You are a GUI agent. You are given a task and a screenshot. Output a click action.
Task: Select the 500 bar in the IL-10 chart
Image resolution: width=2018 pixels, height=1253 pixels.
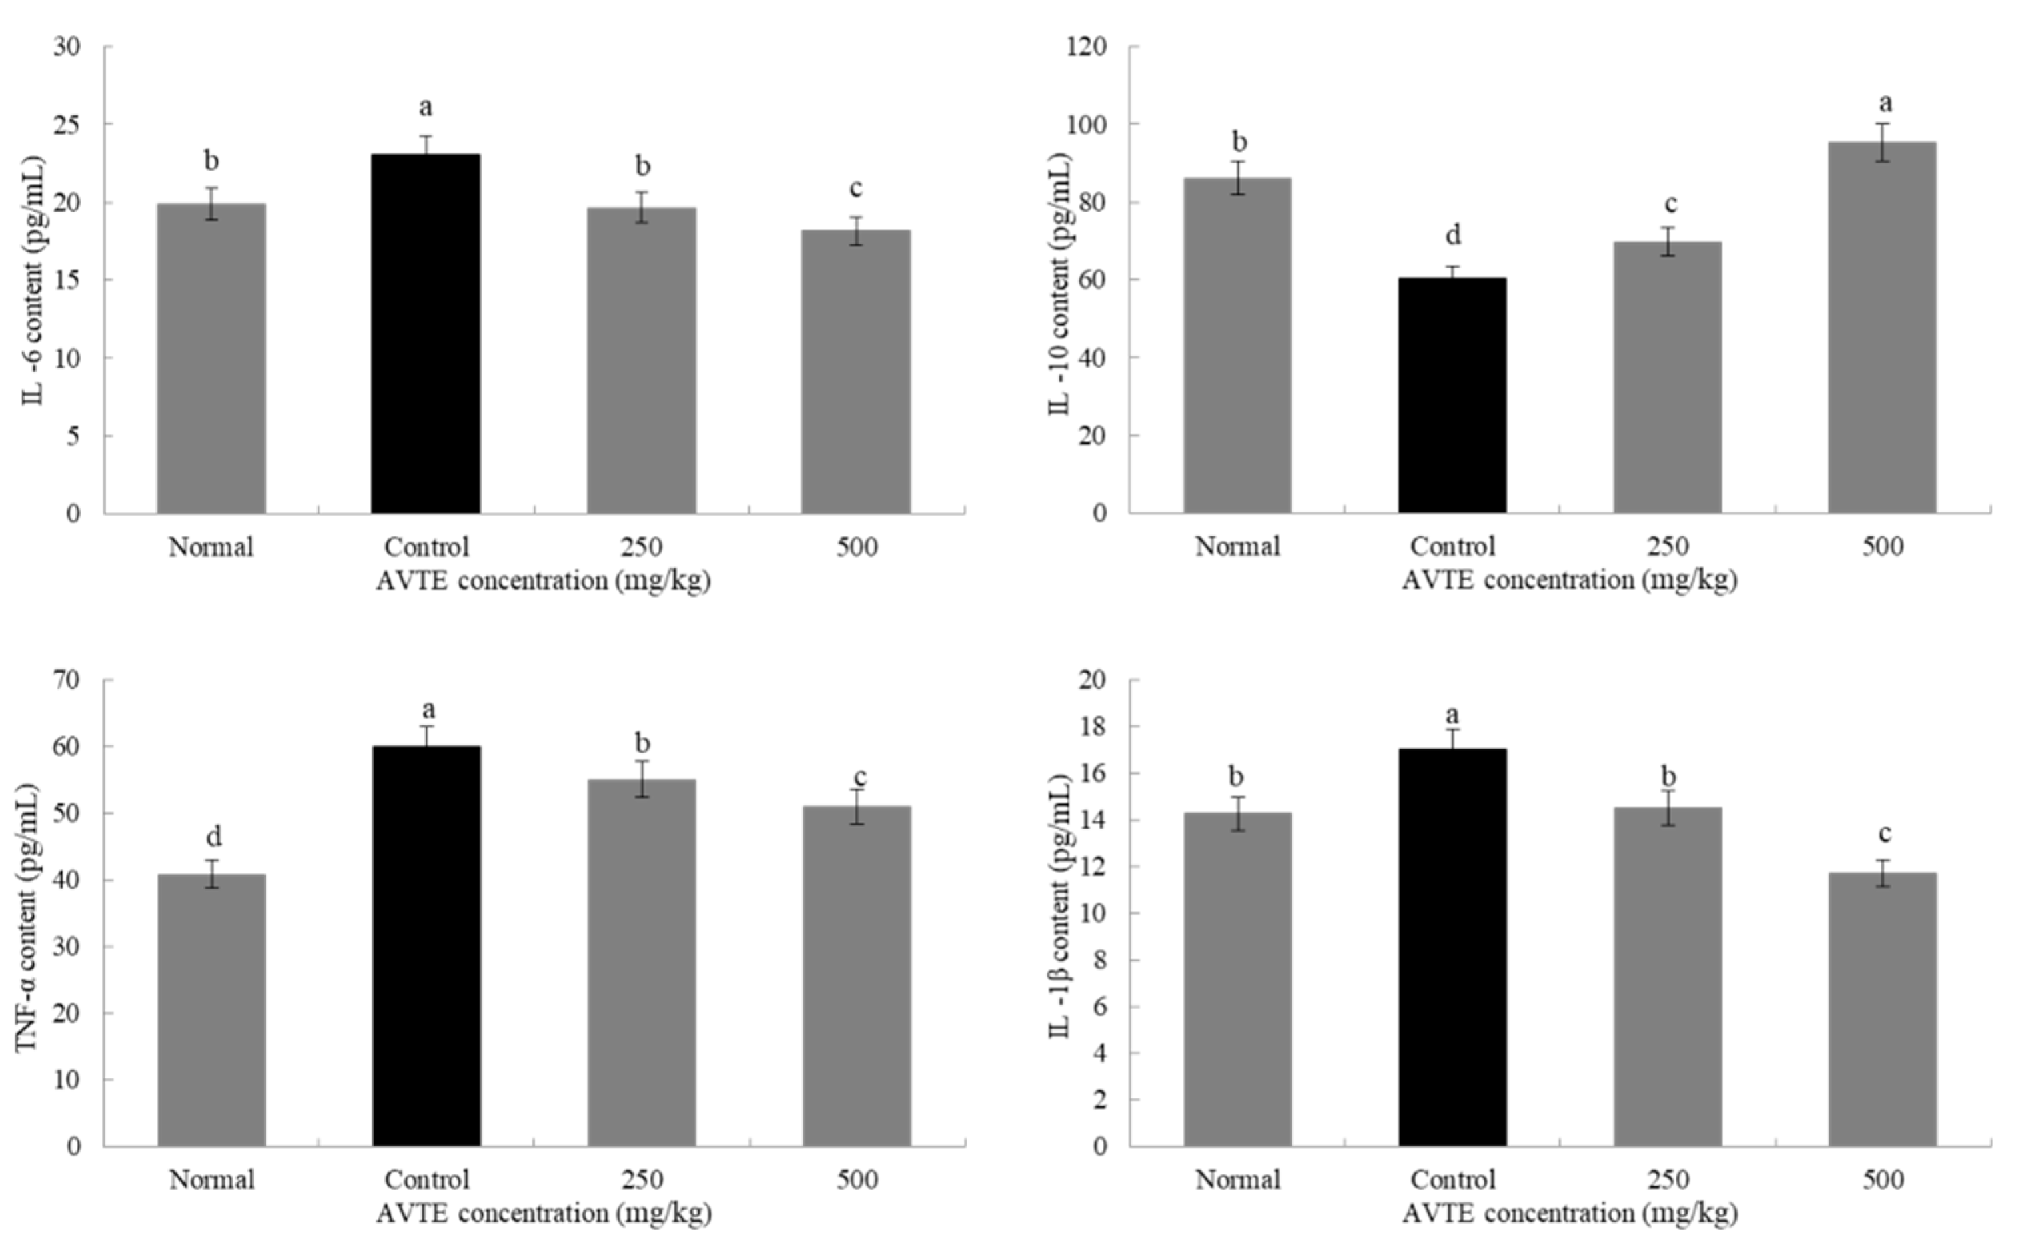[x=1882, y=327]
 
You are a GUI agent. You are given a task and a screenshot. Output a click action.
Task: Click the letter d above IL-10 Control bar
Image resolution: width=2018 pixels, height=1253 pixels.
[x=1453, y=235]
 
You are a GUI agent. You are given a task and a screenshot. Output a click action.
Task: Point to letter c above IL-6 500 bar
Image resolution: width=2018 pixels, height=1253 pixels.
[x=855, y=189]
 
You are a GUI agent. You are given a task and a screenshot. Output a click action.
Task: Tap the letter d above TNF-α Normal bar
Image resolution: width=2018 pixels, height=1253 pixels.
[x=213, y=837]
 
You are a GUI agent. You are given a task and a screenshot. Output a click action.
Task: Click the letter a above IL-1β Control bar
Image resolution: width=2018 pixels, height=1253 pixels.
[x=1452, y=713]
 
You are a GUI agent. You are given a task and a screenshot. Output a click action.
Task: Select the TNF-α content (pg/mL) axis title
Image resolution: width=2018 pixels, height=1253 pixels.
[x=28, y=917]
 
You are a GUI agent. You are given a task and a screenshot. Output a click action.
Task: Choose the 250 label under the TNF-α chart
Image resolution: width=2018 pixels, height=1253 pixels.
[x=642, y=1179]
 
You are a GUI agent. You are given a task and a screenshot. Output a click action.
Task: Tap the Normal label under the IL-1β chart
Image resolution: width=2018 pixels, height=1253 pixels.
[x=1237, y=1179]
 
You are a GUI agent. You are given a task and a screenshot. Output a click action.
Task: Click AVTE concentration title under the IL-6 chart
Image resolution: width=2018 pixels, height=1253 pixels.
[x=543, y=581]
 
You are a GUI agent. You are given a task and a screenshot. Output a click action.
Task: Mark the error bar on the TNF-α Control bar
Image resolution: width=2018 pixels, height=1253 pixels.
[x=427, y=736]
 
